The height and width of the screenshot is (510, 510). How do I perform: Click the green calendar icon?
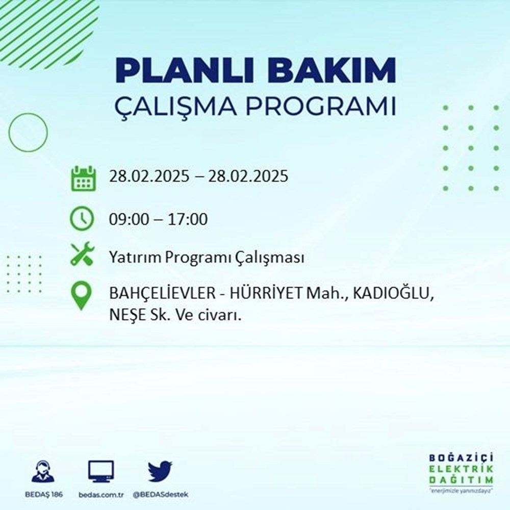click(x=83, y=178)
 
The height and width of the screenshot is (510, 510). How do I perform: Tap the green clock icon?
click(x=83, y=219)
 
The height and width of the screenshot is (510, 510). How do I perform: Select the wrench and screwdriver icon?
click(x=83, y=254)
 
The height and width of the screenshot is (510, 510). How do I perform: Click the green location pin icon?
click(x=83, y=296)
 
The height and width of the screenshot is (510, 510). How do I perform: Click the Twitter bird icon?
click(x=160, y=471)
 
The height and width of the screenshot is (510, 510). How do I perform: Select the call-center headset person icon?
click(x=43, y=472)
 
